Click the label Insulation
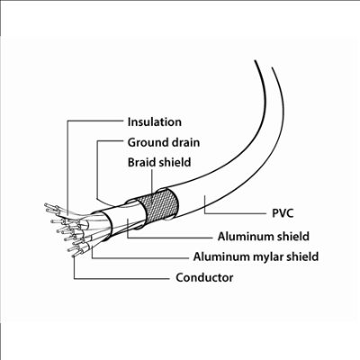(x=155, y=122)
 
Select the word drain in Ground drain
(x=185, y=142)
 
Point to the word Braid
(x=141, y=162)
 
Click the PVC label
(x=283, y=213)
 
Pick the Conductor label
(x=204, y=277)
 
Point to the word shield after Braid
(x=175, y=162)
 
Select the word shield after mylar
(x=302, y=256)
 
